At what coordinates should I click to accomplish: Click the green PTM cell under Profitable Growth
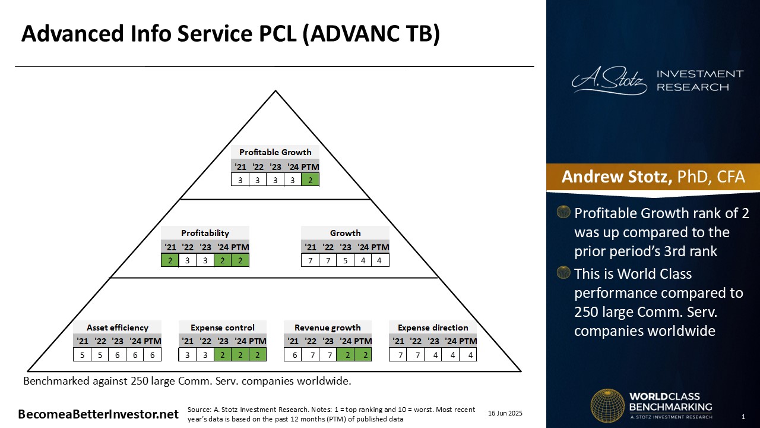[310, 180]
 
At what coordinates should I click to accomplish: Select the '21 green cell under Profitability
[170, 260]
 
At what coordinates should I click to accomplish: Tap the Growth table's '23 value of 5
[346, 260]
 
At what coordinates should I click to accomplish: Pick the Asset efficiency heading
[118, 328]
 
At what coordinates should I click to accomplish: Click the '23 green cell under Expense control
[223, 355]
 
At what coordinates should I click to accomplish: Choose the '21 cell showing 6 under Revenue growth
[294, 355]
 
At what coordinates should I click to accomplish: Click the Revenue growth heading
[327, 328]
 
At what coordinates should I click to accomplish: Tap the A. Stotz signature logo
[609, 80]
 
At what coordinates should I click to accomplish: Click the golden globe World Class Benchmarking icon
[607, 405]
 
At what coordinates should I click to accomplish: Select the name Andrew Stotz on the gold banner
[617, 177]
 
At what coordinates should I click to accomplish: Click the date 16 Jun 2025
[505, 413]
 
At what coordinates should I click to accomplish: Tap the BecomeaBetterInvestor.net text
[98, 414]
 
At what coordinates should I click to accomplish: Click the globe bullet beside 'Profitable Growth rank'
[563, 212]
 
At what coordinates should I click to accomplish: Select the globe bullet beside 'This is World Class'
[563, 273]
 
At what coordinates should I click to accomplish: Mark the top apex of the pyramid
[275, 90]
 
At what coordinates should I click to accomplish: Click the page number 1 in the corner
[743, 417]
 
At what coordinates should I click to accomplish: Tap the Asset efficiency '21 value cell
[82, 355]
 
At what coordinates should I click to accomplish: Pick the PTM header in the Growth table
[380, 247]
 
